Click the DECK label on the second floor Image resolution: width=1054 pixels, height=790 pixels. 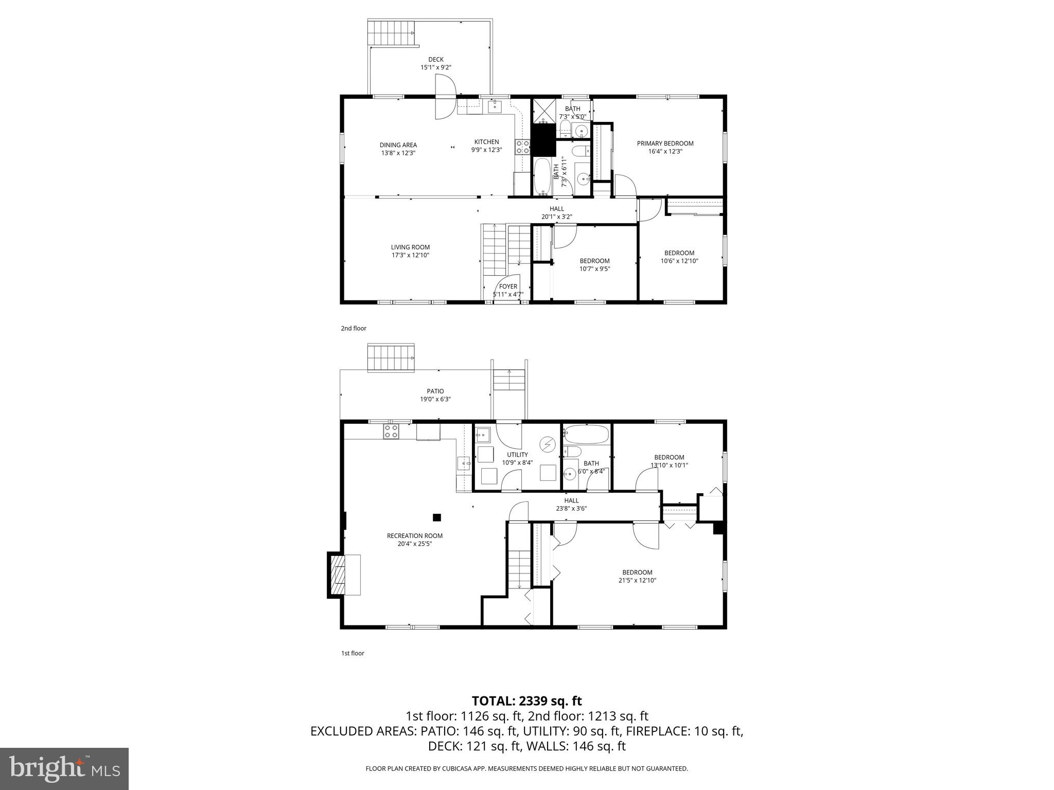[x=435, y=59]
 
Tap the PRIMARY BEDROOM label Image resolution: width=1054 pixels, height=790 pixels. [x=665, y=143]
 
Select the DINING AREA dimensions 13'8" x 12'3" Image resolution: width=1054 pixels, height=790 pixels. [x=398, y=153]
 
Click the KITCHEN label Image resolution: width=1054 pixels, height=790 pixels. [x=486, y=142]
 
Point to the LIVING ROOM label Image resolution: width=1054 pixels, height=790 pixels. [x=410, y=247]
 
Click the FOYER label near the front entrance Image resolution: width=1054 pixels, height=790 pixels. [x=508, y=286]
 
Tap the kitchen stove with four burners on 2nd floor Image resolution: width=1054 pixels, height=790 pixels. [x=523, y=147]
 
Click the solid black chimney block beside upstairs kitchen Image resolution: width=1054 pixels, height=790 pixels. [x=543, y=140]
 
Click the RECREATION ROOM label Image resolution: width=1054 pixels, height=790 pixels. [x=414, y=535]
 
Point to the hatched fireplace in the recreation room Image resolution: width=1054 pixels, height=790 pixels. [x=338, y=574]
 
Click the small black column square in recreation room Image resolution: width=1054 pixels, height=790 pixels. [x=437, y=517]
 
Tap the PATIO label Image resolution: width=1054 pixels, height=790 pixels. [x=435, y=391]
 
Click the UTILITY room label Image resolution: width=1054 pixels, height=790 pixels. [x=517, y=455]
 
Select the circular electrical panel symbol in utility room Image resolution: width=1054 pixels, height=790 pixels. [x=547, y=443]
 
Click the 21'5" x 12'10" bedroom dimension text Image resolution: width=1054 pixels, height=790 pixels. [x=637, y=580]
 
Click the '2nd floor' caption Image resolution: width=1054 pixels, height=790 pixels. [x=354, y=328]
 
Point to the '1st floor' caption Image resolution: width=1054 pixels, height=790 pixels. [x=353, y=653]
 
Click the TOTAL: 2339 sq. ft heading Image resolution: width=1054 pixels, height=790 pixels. [x=526, y=701]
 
